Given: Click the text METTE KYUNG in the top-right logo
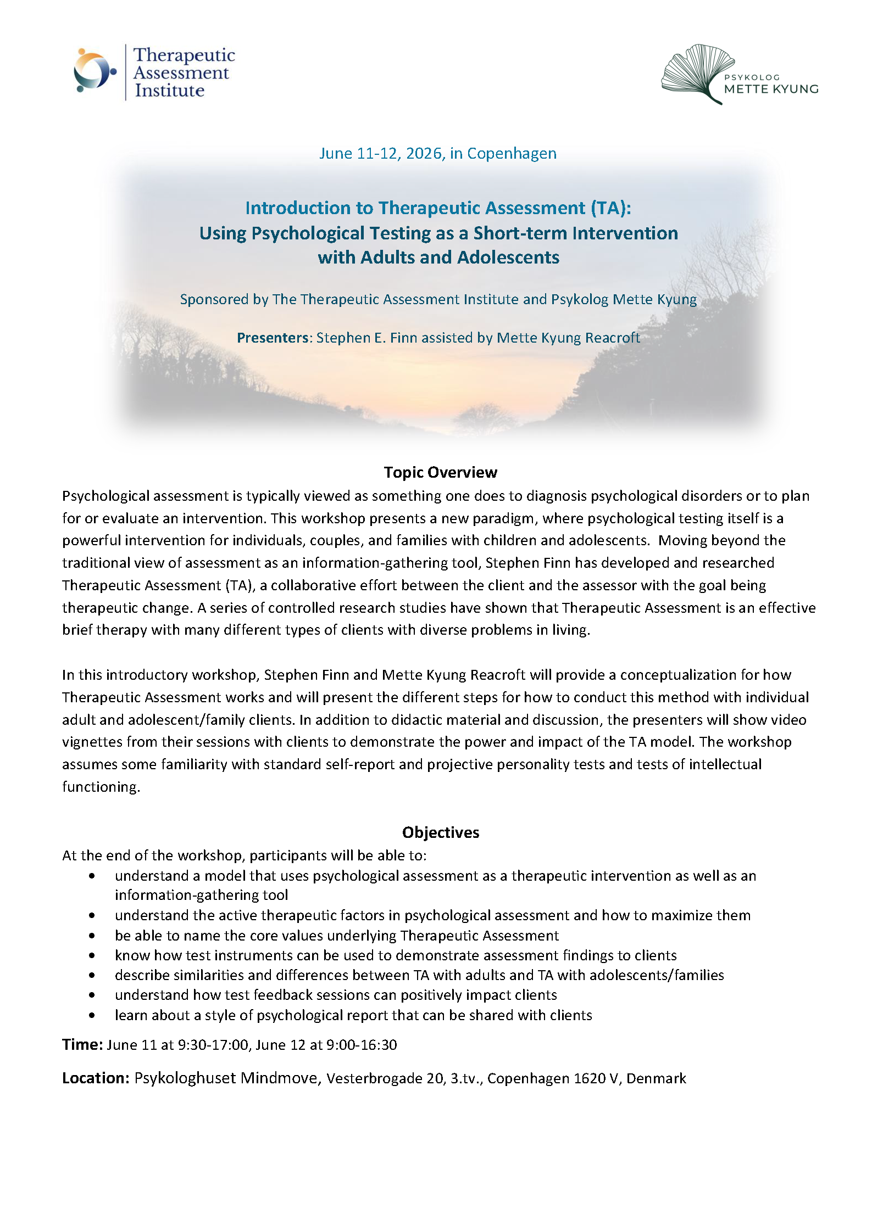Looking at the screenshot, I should (771, 89).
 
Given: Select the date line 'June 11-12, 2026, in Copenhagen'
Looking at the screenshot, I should (437, 153).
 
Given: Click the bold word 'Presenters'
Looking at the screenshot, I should (273, 338).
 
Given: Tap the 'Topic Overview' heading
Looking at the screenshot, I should (440, 472).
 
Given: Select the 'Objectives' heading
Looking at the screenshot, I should (440, 832).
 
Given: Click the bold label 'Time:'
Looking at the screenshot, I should (82, 1044).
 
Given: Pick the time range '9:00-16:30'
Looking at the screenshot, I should (361, 1045).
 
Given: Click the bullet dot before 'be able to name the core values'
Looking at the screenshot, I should (92, 936).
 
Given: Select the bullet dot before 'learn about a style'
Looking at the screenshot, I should (92, 1015).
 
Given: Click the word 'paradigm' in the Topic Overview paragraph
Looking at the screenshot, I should (504, 518).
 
